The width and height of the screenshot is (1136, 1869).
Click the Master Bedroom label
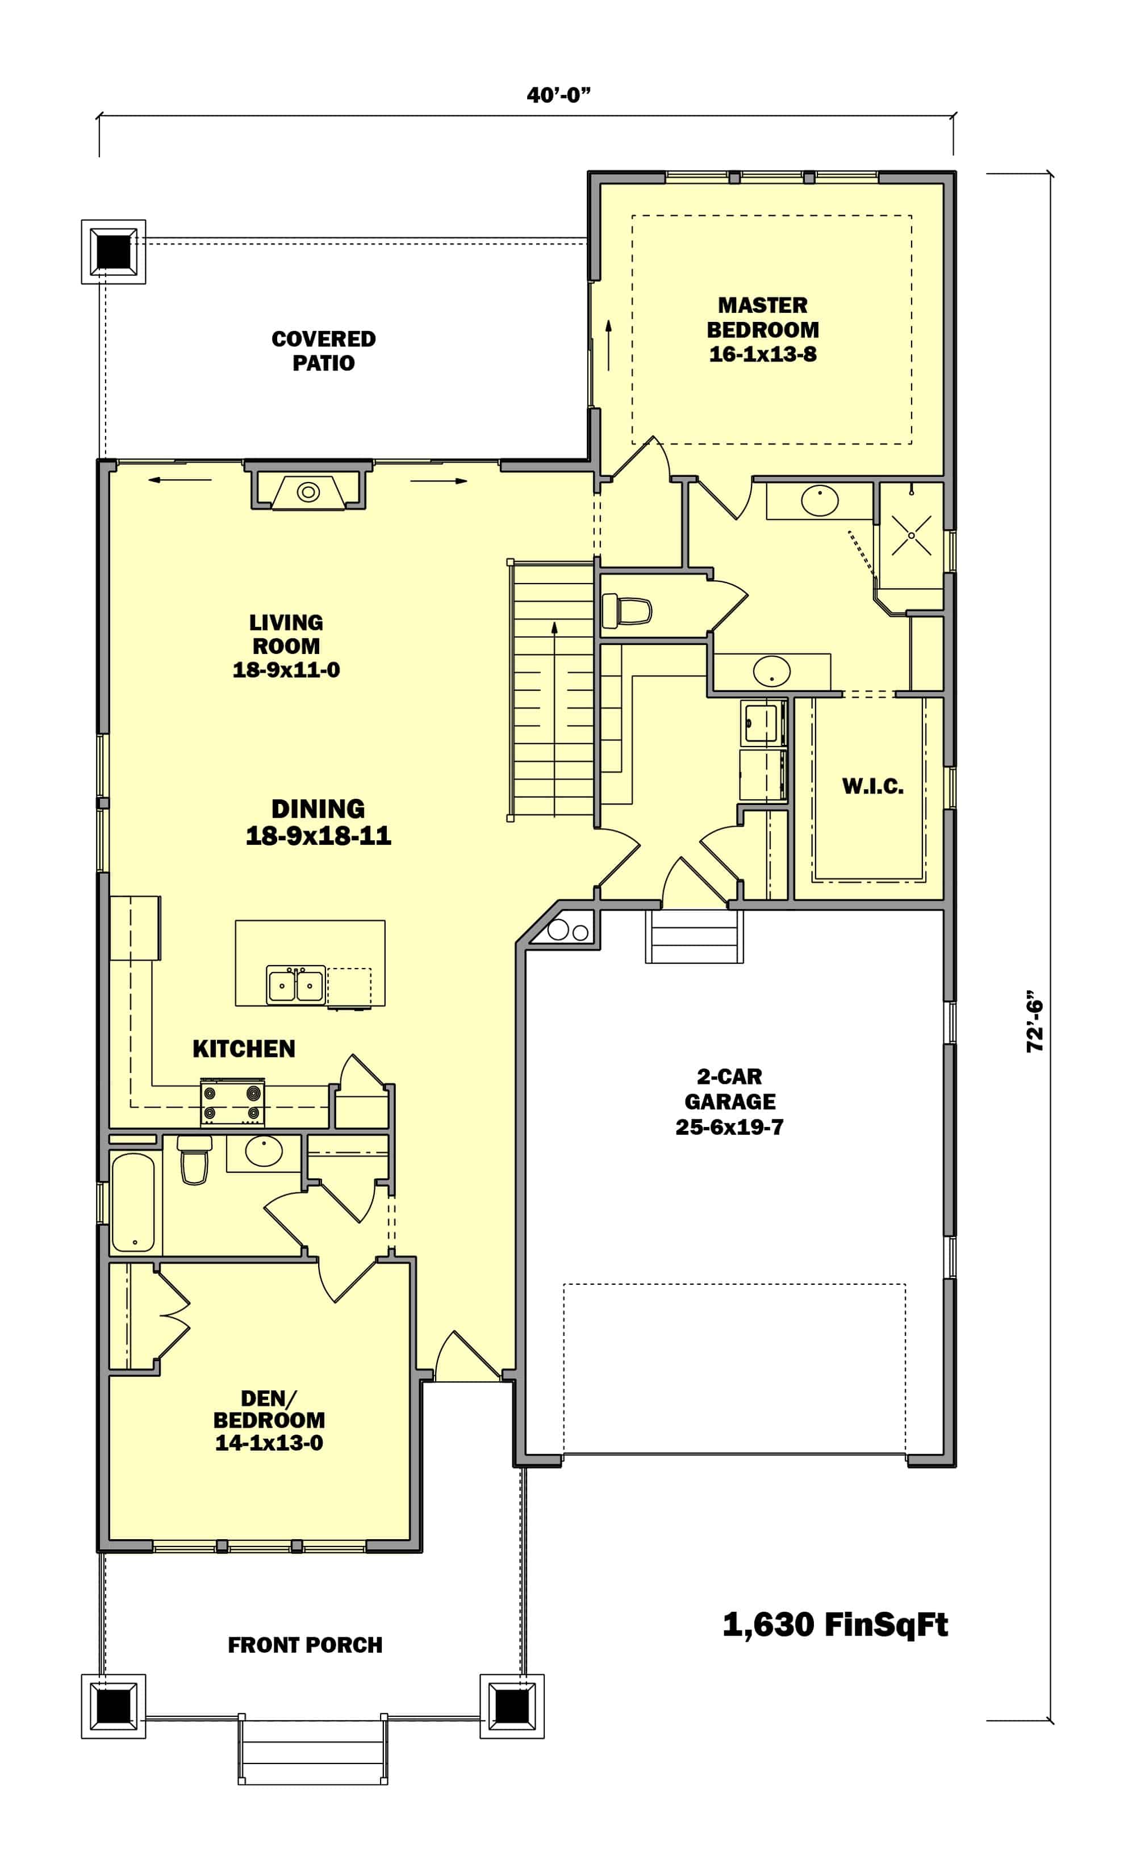click(763, 329)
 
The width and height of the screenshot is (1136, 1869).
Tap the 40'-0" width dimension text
click(558, 95)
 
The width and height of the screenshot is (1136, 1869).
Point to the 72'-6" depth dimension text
click(1035, 1021)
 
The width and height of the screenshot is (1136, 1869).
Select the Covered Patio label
click(323, 350)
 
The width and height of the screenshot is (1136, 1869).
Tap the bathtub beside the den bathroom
click(133, 1202)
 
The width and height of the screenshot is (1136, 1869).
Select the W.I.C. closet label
click(872, 786)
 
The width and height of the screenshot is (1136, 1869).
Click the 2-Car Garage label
click(729, 1101)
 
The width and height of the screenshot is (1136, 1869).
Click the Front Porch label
click(305, 1645)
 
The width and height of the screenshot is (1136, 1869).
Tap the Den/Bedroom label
click(269, 1420)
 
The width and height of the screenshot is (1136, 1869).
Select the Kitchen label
click(244, 1049)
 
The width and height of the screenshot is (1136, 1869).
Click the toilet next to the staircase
click(627, 611)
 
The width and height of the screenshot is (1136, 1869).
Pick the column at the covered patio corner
click(113, 251)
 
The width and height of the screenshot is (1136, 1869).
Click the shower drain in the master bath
click(911, 535)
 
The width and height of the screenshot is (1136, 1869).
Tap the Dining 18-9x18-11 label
click(318, 822)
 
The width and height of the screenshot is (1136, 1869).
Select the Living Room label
click(286, 646)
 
